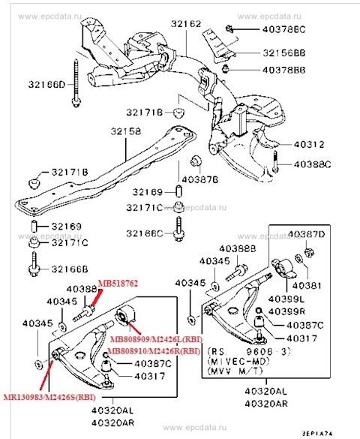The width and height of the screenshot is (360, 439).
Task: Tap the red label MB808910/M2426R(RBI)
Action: [x=153, y=350]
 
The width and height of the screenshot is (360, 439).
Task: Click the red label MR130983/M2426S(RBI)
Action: [x=43, y=397]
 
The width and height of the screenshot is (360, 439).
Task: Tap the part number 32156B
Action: [x=283, y=53]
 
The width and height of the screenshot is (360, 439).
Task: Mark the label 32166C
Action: [x=145, y=233]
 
